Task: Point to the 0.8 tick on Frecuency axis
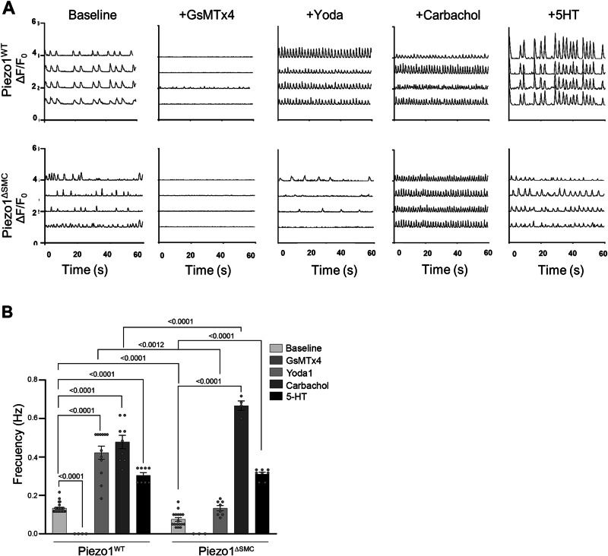tap(34, 379)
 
